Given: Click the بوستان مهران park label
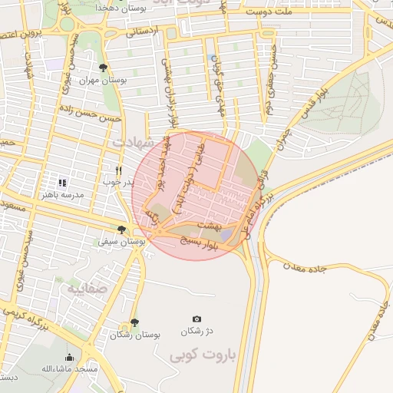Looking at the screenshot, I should (104, 80).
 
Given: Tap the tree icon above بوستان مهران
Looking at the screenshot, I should (104, 68).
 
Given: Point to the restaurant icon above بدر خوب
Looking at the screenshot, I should (118, 170).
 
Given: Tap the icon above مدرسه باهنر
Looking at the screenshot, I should (62, 183).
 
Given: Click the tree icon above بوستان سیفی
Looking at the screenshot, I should (121, 230).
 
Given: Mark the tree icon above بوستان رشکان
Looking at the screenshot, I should (134, 323).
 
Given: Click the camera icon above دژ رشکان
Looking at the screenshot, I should (196, 319).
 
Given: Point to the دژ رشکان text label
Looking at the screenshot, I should (196, 332).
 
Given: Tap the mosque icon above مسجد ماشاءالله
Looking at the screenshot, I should (70, 357).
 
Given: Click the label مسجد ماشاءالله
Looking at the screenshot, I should (70, 369).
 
